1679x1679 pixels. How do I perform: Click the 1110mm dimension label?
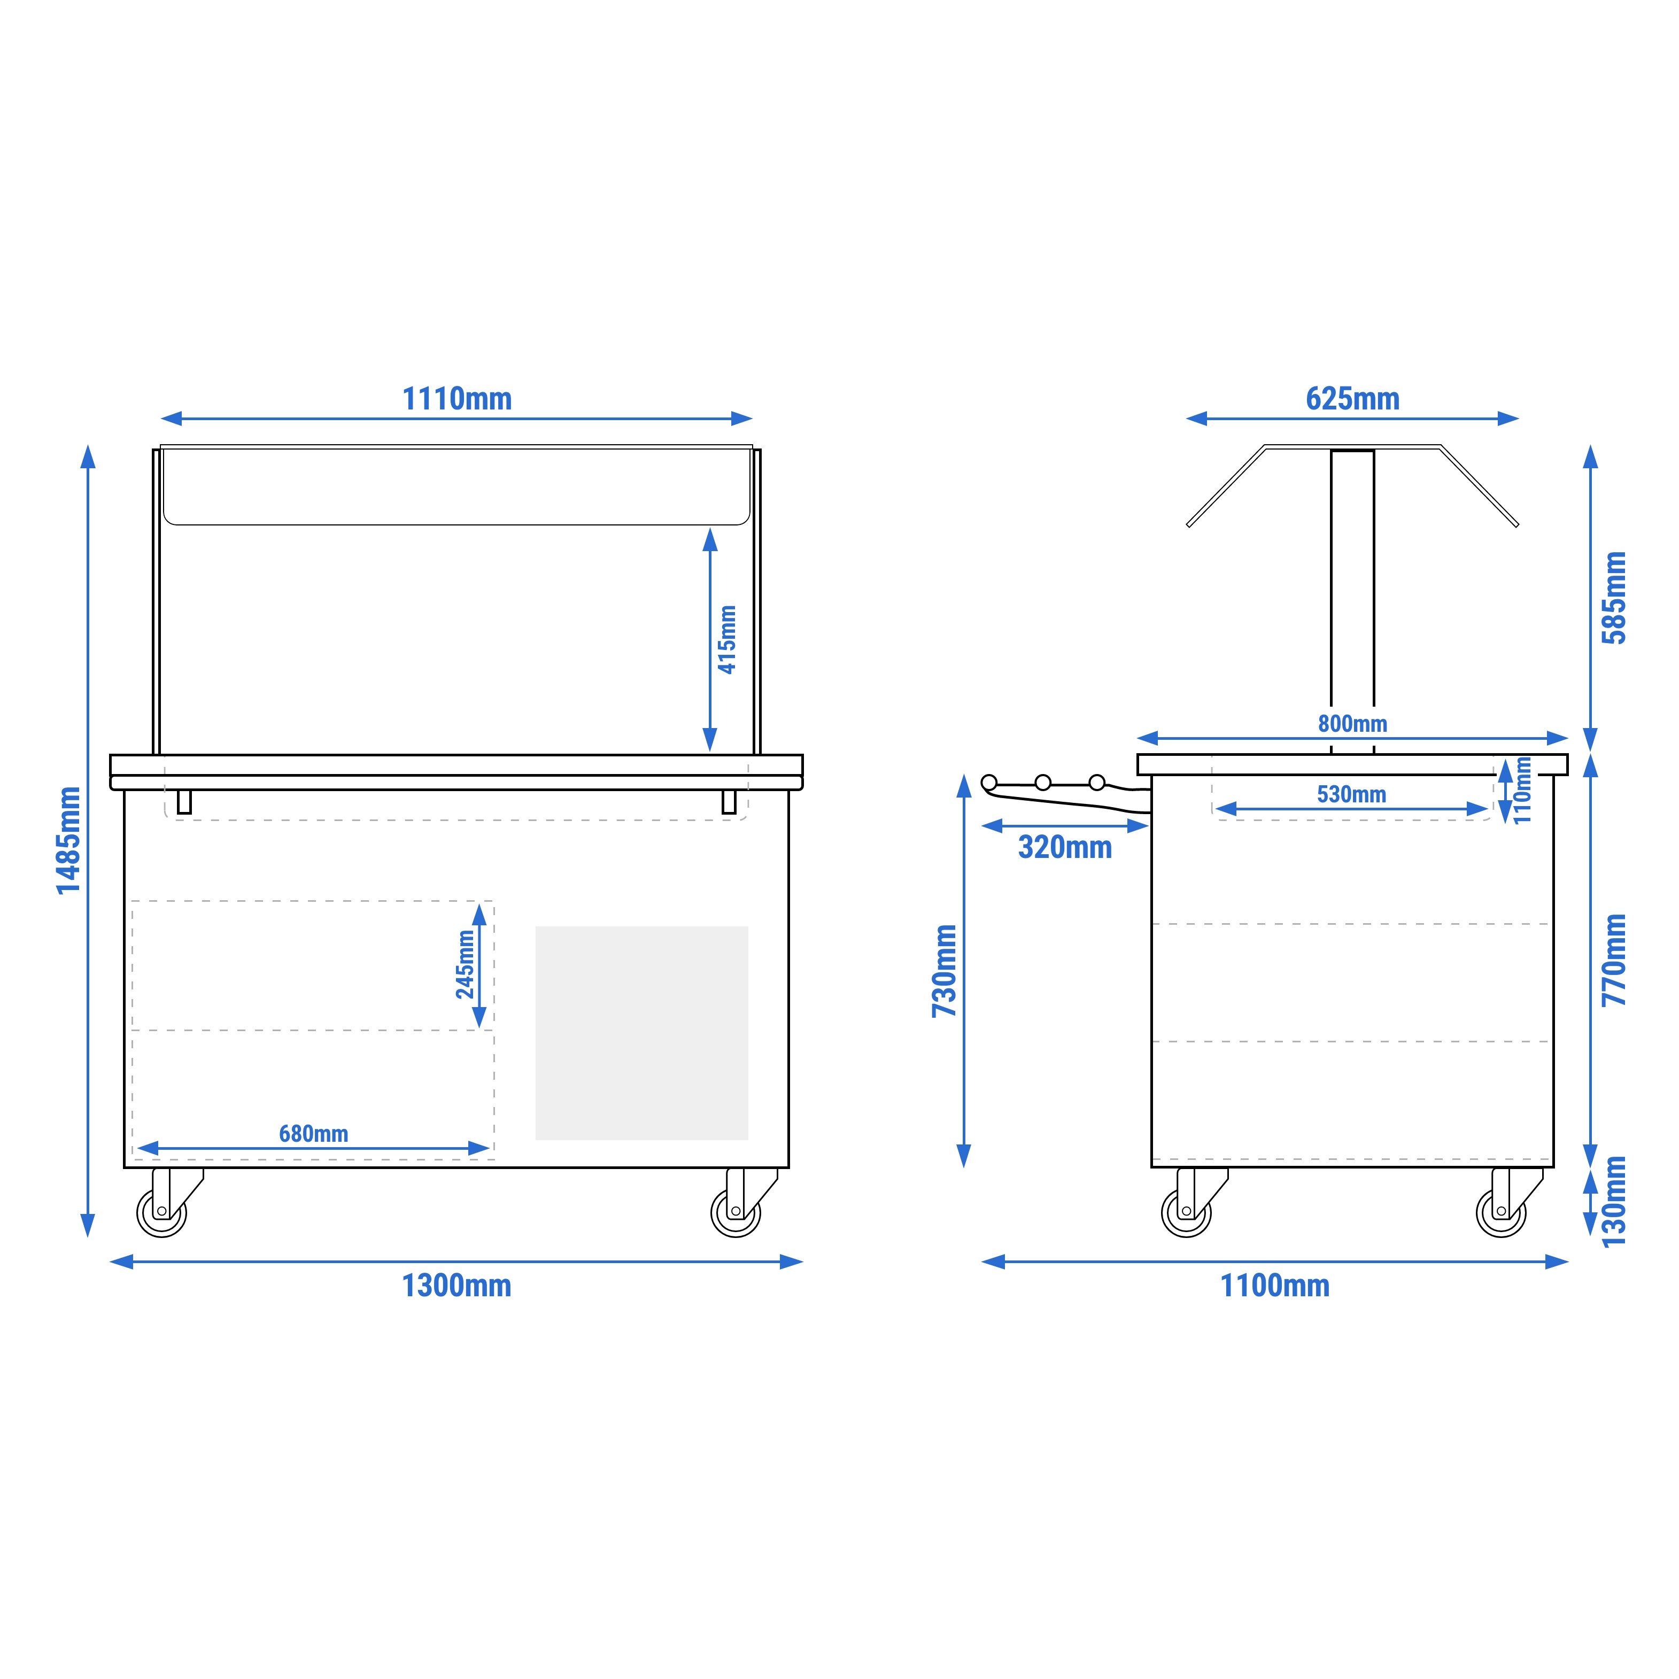(456, 399)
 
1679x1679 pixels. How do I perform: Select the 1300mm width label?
(456, 1286)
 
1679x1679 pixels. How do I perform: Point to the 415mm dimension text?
(728, 640)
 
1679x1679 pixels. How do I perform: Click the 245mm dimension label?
(465, 965)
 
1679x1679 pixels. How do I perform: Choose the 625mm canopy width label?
(1352, 399)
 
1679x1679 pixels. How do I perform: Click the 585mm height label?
(1614, 598)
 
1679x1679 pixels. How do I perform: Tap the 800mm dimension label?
(1352, 723)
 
